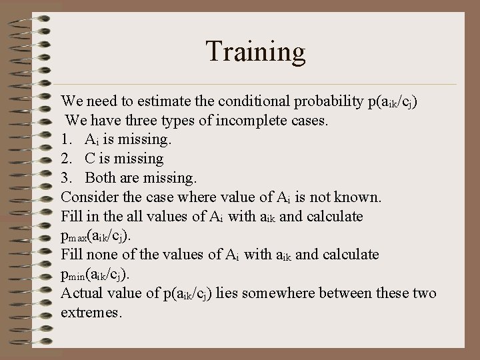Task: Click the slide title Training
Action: (x=255, y=52)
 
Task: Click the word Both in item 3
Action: (x=99, y=179)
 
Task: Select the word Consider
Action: (x=88, y=198)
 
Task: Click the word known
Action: (x=359, y=198)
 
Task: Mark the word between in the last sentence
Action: (x=348, y=294)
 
